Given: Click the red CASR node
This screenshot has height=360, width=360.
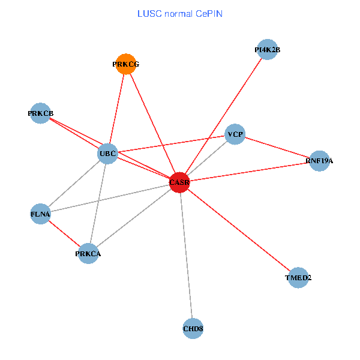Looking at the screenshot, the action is click(x=179, y=182).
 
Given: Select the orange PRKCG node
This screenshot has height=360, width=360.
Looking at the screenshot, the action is click(x=125, y=64).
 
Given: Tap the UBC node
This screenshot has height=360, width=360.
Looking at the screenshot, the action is click(x=108, y=154).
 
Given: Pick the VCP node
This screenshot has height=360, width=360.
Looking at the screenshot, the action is click(x=235, y=135).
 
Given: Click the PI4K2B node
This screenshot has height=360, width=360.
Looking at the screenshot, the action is click(x=267, y=50).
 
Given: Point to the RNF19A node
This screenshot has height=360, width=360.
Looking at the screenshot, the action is click(x=319, y=161).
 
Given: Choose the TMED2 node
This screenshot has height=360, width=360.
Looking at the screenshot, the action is click(x=298, y=278).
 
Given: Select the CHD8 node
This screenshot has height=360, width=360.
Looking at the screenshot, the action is click(x=193, y=328).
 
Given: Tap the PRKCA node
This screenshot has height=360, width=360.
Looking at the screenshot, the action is click(x=88, y=254).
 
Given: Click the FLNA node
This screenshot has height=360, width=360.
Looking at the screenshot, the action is click(x=40, y=214).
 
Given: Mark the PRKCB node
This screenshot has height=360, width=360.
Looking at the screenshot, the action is click(x=41, y=113).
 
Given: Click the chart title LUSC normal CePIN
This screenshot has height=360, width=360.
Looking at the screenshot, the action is click(x=180, y=13).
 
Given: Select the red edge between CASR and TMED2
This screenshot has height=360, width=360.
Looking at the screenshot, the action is click(x=239, y=230).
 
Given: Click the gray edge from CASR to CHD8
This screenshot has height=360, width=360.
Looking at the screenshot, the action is click(x=186, y=255).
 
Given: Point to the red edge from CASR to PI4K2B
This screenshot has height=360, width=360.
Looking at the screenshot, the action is click(x=223, y=116).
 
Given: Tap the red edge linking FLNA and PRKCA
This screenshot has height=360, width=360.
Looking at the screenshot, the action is click(x=64, y=234).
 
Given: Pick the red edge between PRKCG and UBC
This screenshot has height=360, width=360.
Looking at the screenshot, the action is click(x=117, y=109).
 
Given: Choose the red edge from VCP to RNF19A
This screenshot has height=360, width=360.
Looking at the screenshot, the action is click(x=277, y=148).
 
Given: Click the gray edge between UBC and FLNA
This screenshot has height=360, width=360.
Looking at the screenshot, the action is click(x=74, y=184).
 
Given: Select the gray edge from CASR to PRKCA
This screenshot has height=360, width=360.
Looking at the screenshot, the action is click(x=134, y=218).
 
